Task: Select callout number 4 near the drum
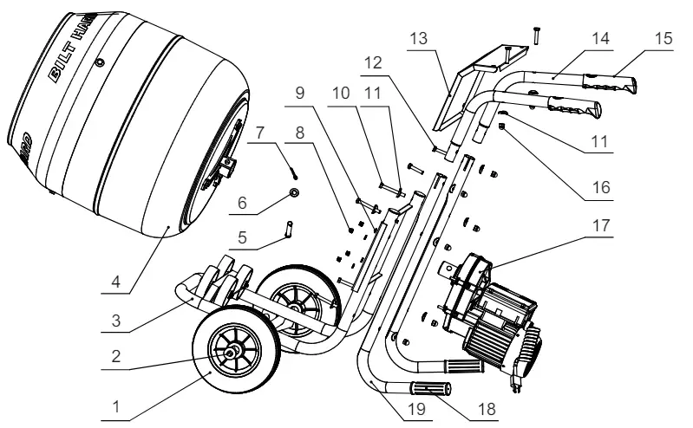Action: coord(114,280)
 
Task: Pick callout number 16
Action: coord(602,186)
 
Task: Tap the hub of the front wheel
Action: coord(233,351)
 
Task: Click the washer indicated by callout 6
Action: coord(295,190)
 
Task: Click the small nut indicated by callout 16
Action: coord(501,129)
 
